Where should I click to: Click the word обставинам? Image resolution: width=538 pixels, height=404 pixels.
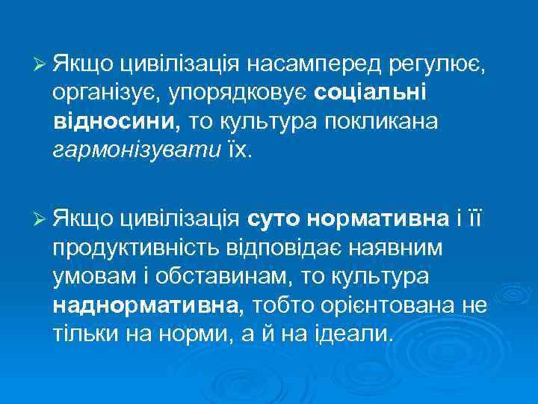[x=224, y=275]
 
